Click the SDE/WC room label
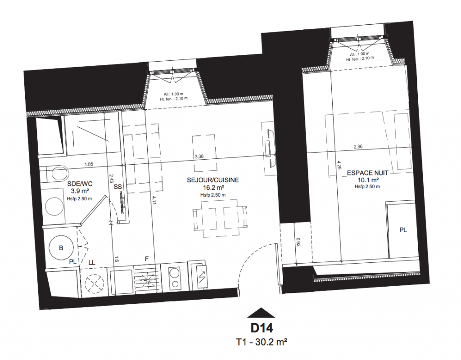80,184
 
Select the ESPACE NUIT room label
368,173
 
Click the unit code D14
262,328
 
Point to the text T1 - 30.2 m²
262,342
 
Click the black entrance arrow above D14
261,313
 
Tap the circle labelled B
61,248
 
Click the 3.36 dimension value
199,156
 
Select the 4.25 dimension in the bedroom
339,165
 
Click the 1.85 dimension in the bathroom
89,164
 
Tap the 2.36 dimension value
358,147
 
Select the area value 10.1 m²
367,180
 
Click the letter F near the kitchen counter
147,259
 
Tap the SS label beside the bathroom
118,187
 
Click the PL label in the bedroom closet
403,230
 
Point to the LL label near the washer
92,262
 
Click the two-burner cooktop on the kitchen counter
175,277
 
